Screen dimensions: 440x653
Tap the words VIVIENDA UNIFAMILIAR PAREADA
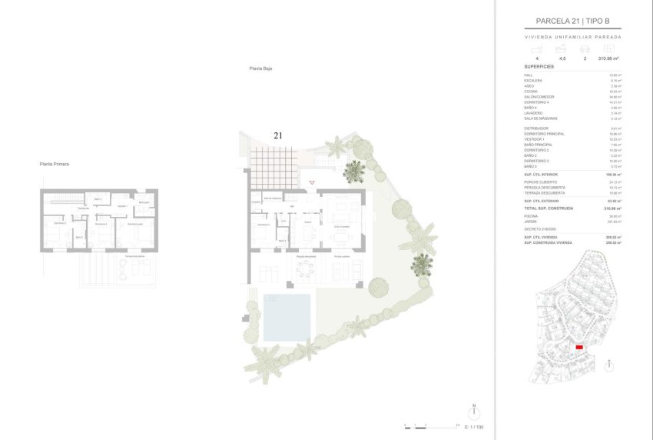(572, 36)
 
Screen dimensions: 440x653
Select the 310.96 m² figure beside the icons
(608, 58)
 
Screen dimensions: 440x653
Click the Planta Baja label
(261, 68)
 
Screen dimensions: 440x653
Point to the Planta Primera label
(55, 164)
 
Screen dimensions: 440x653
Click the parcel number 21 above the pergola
(277, 135)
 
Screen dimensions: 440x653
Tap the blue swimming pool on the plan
(287, 316)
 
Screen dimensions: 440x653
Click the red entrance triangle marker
(311, 182)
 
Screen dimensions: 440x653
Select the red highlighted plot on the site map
(579, 348)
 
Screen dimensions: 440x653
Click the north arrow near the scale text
(474, 411)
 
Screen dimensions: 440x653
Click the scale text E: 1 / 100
(475, 426)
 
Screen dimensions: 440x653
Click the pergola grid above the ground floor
(273, 165)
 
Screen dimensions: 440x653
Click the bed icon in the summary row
(536, 48)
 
